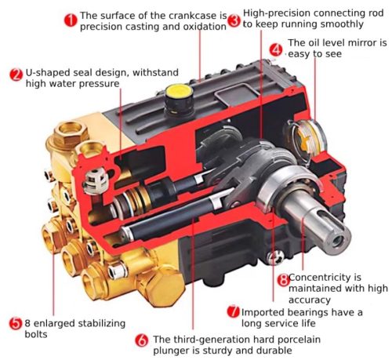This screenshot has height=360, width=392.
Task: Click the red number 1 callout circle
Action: [71, 20]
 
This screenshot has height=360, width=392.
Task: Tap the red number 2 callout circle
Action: [16, 75]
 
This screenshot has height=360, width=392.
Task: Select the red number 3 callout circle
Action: [234, 20]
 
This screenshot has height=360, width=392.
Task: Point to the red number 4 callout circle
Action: [276, 49]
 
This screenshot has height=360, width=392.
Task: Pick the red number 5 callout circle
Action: [16, 323]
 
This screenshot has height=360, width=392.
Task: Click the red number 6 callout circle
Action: [142, 340]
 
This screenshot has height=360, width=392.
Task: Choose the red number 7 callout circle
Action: [234, 311]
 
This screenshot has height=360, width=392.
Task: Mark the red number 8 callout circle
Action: [284, 280]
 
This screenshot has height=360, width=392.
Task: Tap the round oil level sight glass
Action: [309, 138]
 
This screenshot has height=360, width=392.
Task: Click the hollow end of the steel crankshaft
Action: [337, 241]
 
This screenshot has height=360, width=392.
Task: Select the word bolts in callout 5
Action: [36, 334]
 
